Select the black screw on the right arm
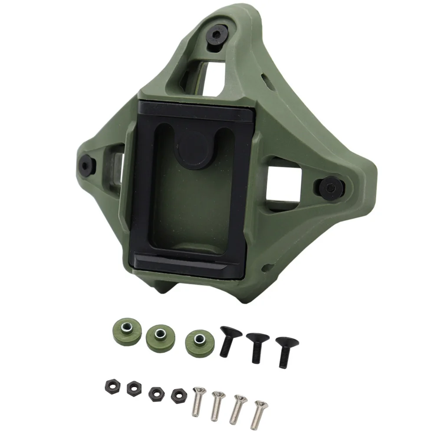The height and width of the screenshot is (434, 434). [x=332, y=187]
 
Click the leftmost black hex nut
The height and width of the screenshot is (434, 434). [x=109, y=385]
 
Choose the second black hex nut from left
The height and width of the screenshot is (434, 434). [x=133, y=388]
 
